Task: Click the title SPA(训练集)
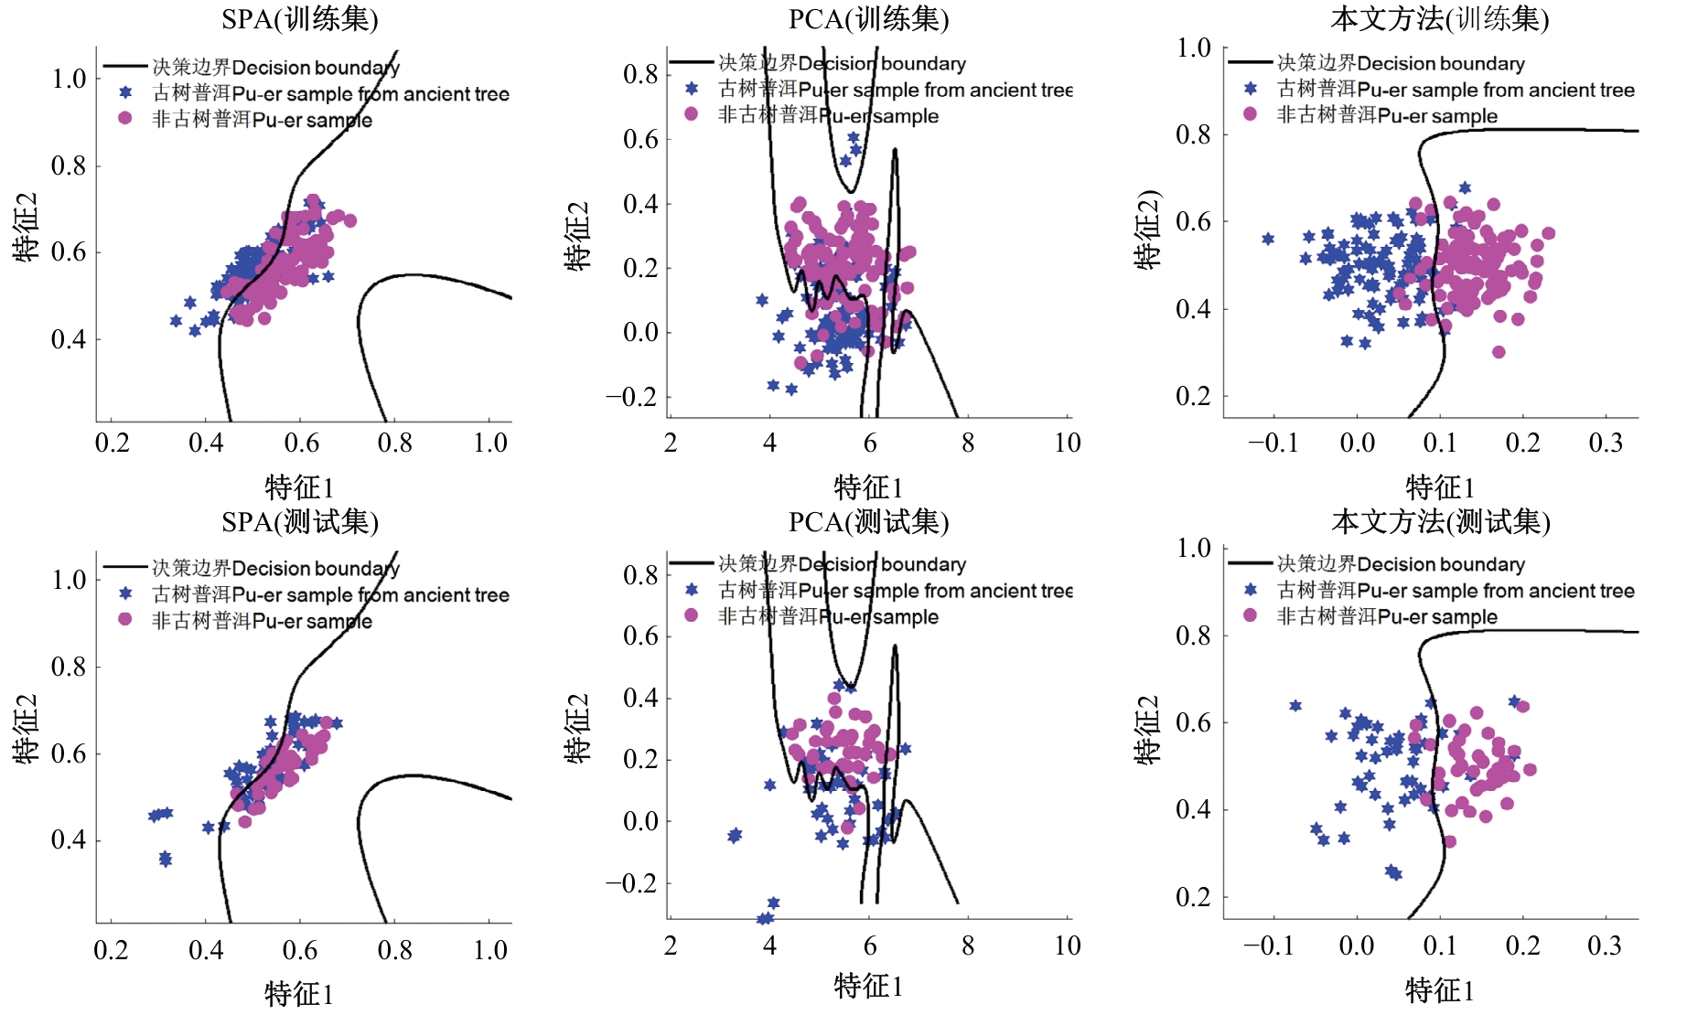(x=299, y=18)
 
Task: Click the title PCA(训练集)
(x=868, y=18)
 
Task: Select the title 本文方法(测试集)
(x=1440, y=521)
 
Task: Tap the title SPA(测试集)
(x=299, y=521)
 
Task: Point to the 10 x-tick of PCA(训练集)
(x=1067, y=443)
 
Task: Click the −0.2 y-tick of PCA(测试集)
(x=631, y=883)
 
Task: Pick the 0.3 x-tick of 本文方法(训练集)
(x=1606, y=443)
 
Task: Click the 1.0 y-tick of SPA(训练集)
(x=69, y=79)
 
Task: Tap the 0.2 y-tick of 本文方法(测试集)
(x=1193, y=897)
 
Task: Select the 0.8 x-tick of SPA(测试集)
(x=395, y=950)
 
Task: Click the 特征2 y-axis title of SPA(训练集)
(x=26, y=227)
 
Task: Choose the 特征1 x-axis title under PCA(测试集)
(x=868, y=986)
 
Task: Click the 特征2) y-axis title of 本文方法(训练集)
(x=1147, y=229)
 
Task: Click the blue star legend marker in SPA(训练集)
(x=125, y=92)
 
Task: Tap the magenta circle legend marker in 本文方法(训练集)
(x=1250, y=114)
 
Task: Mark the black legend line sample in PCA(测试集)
(x=691, y=563)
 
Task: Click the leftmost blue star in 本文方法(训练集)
(x=1268, y=239)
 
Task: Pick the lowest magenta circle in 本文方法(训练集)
(x=1499, y=352)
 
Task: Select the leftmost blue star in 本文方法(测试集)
(x=1295, y=706)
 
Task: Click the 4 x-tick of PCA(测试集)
(x=769, y=946)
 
